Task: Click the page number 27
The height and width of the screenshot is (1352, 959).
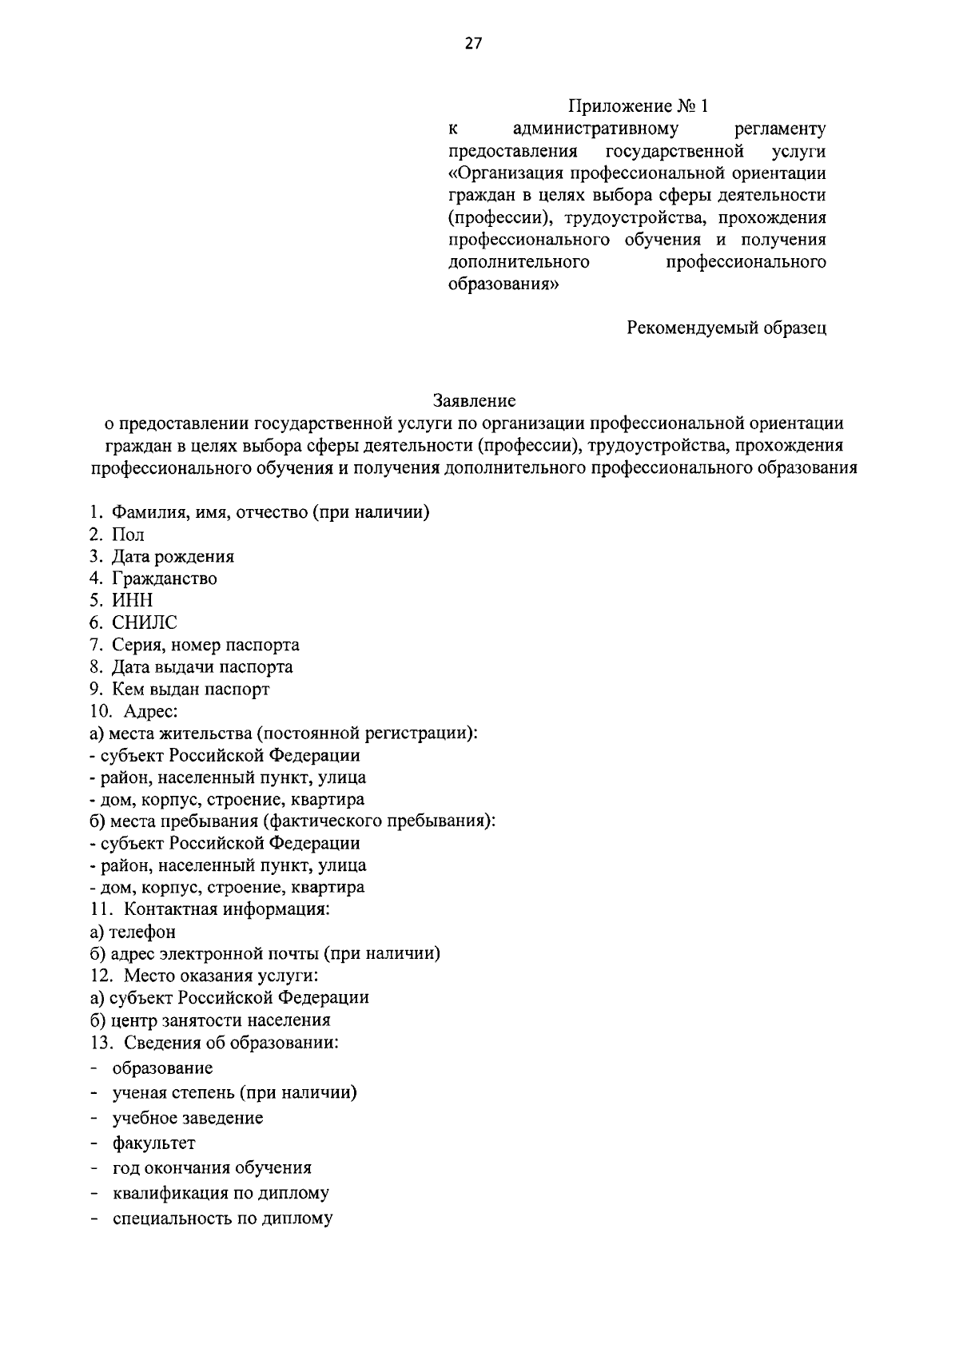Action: (x=474, y=43)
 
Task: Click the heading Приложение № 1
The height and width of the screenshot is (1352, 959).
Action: (x=638, y=106)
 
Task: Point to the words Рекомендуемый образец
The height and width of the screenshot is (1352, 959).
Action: (x=726, y=328)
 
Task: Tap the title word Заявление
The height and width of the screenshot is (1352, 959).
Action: (x=475, y=399)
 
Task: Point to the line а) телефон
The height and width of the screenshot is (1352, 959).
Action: (x=133, y=932)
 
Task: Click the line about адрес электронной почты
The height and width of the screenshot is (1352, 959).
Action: (x=265, y=953)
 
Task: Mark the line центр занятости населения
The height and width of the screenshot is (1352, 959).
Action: (x=209, y=1020)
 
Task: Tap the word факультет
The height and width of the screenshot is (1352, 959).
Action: (x=153, y=1143)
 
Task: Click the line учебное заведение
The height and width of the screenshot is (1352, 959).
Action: (x=188, y=1118)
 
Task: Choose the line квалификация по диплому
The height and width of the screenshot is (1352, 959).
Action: (x=221, y=1193)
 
